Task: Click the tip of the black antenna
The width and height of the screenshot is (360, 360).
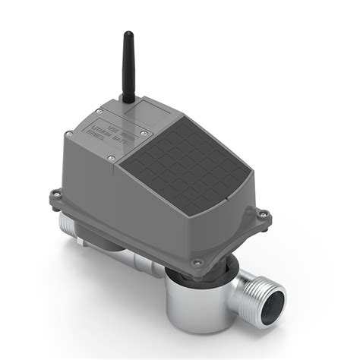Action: point(128,35)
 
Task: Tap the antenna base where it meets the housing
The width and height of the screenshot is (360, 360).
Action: point(129,99)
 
